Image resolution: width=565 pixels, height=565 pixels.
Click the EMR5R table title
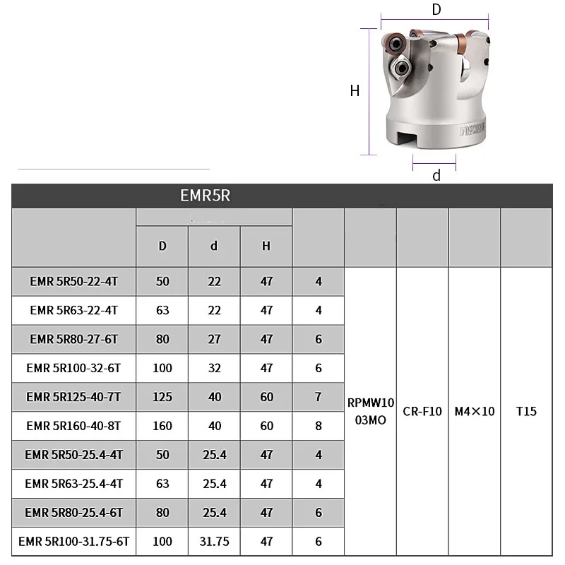tap(205, 196)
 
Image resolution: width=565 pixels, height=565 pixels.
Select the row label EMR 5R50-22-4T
tap(73, 281)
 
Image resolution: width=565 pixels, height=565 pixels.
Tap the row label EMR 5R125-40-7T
tap(73, 397)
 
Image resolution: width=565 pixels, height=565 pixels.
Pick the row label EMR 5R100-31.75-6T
tap(73, 542)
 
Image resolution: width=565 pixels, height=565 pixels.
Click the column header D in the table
tap(162, 246)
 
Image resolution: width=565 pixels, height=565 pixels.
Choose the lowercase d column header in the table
tap(214, 246)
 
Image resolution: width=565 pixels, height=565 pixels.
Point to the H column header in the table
tap(266, 246)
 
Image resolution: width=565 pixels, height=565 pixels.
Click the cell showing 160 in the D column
tap(162, 426)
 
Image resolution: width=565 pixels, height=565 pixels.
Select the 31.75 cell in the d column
tap(214, 542)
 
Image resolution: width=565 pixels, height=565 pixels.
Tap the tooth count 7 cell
tap(319, 397)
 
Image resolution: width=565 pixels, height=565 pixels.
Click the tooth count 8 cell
tap(319, 426)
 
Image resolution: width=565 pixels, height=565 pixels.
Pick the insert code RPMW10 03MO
tap(370, 412)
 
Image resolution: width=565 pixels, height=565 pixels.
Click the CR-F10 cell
tap(422, 411)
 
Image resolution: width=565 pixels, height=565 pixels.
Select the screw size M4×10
tap(475, 411)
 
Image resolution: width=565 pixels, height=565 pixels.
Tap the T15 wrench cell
tap(526, 411)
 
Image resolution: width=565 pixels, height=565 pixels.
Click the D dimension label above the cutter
tap(436, 10)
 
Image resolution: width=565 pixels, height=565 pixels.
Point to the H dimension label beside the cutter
tap(355, 90)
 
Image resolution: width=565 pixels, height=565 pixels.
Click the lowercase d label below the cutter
tap(436, 176)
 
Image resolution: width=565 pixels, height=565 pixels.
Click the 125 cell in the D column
tap(162, 397)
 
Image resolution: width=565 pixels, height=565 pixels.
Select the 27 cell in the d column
tap(214, 339)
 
